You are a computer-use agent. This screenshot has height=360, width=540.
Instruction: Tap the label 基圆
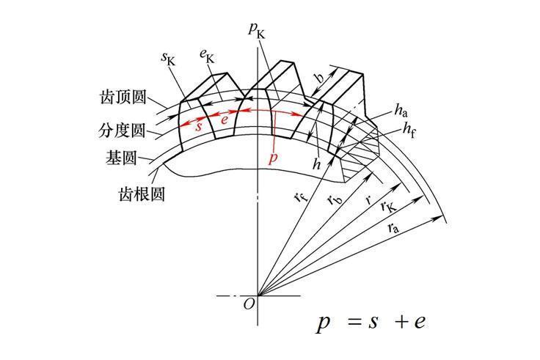[121, 158]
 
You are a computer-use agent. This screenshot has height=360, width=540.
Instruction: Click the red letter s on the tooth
[199, 124]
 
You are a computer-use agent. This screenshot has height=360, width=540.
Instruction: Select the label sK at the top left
[169, 57]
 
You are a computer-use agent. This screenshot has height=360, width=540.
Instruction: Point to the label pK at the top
[256, 29]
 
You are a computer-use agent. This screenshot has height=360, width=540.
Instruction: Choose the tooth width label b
[318, 78]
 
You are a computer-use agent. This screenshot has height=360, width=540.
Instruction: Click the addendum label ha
[400, 111]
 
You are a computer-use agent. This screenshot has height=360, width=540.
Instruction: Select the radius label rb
[333, 199]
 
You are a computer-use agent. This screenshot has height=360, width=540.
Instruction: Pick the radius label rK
[385, 207]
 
